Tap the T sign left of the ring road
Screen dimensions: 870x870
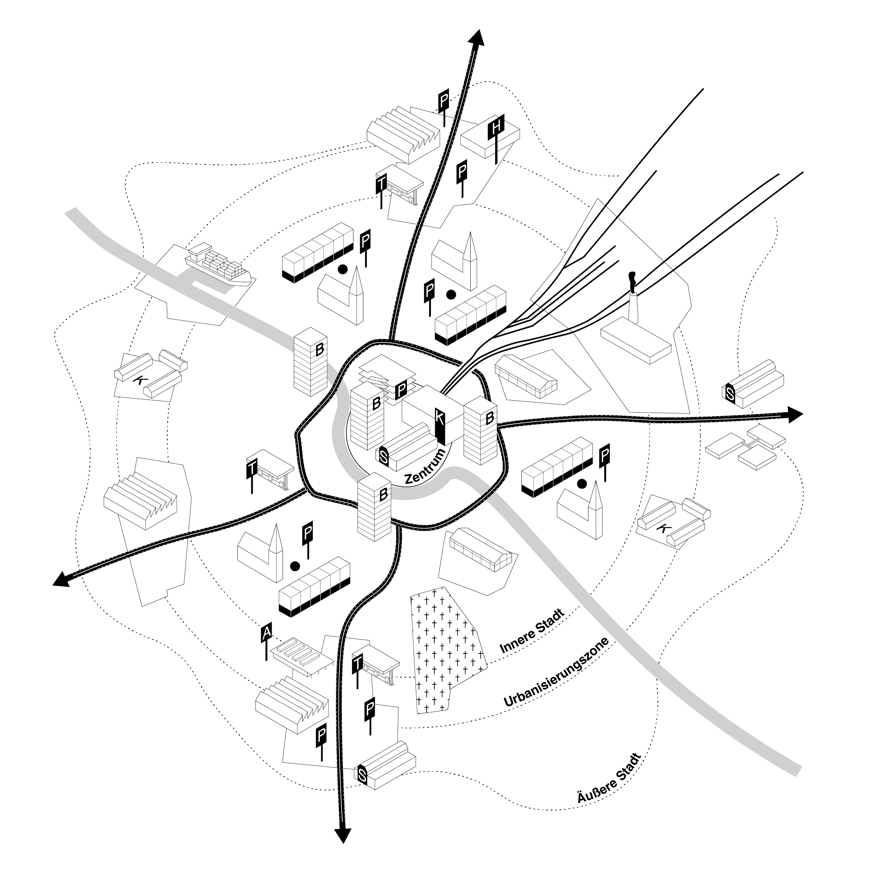click(251, 469)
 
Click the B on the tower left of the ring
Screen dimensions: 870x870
click(319, 349)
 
